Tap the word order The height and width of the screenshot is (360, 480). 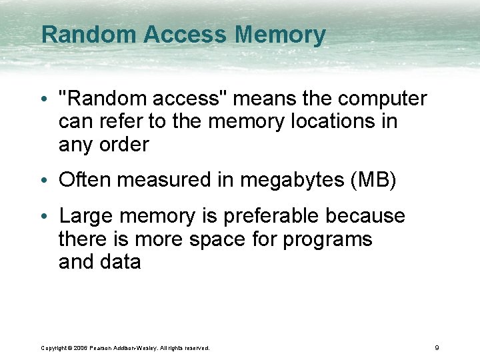point(121,144)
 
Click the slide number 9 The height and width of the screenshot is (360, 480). point(436,347)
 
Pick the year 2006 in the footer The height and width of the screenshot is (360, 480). point(81,348)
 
